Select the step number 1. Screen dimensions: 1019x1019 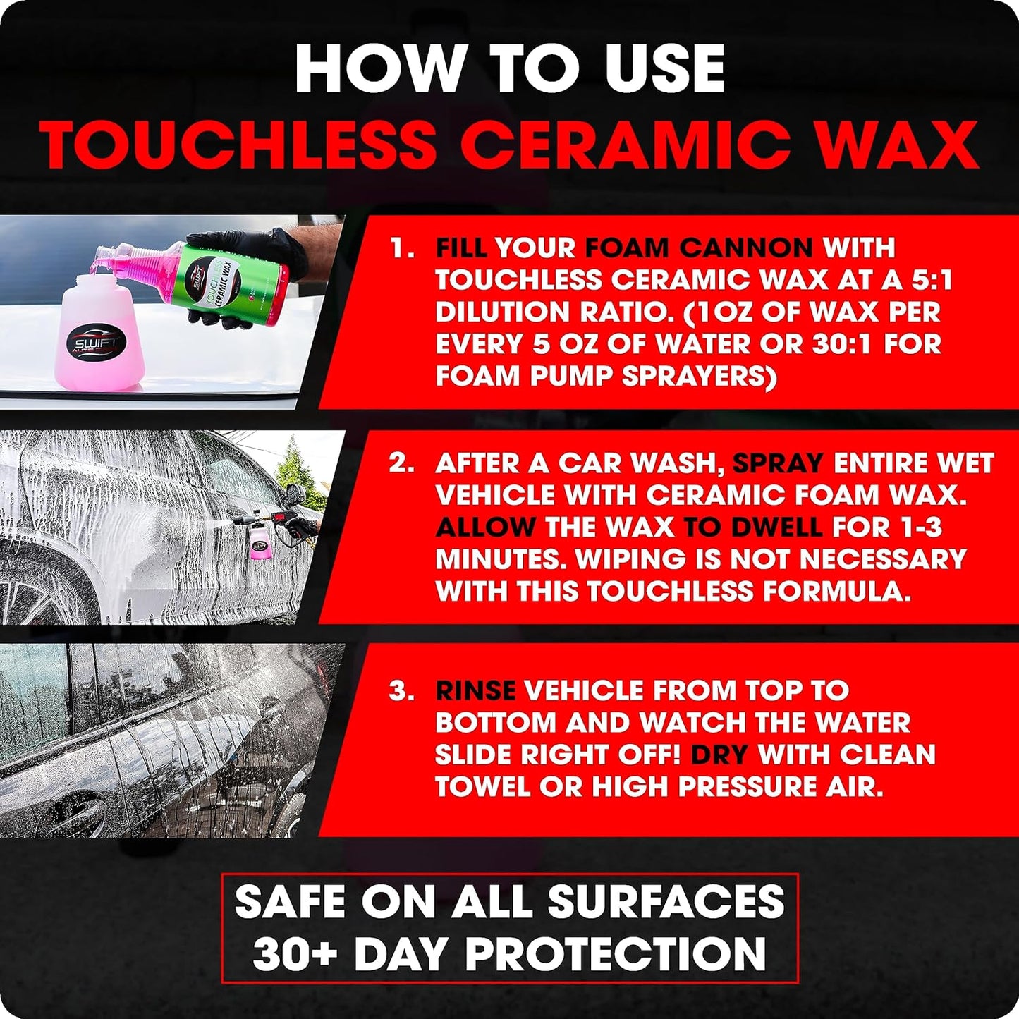[402, 248]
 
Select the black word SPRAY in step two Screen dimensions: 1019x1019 [778, 463]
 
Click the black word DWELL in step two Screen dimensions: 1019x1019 [776, 527]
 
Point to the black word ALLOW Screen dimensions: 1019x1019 [485, 527]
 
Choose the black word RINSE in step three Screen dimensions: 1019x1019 [475, 690]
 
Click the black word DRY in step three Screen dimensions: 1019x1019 [719, 755]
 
